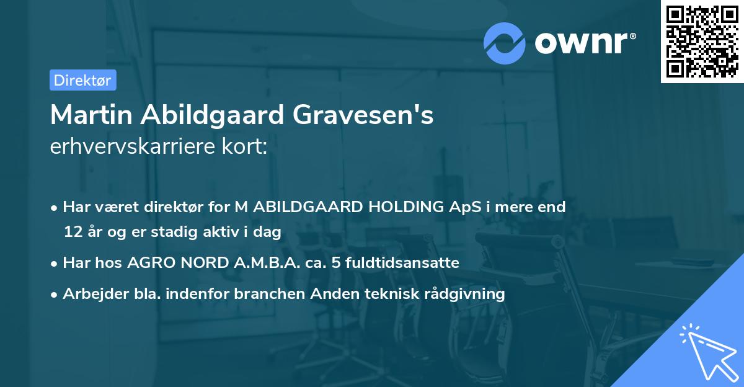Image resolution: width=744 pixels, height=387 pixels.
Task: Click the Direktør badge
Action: click(x=82, y=80)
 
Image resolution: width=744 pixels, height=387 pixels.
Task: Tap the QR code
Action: click(x=702, y=41)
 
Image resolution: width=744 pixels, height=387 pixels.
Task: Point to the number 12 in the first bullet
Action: click(x=72, y=232)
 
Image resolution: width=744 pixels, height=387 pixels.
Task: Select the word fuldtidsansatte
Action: click(x=405, y=263)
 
